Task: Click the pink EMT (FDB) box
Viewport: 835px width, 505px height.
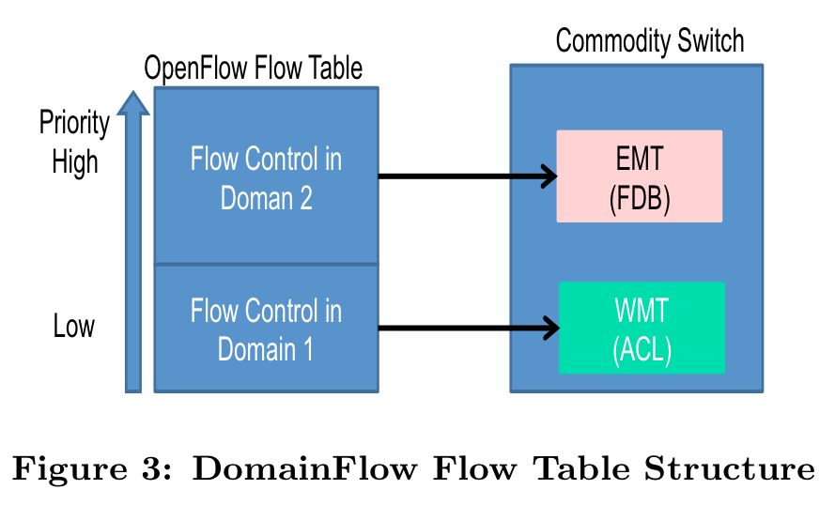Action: tap(639, 176)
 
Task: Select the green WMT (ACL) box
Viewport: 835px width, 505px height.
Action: tap(642, 328)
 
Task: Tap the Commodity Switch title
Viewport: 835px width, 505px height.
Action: tap(649, 42)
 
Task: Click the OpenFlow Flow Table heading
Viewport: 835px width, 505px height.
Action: tap(253, 69)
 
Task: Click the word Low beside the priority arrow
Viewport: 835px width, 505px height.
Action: tap(74, 328)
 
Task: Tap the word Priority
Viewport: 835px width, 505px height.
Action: tap(74, 123)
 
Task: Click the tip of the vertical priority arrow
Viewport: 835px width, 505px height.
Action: tap(133, 93)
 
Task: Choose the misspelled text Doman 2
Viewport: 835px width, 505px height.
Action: tap(266, 199)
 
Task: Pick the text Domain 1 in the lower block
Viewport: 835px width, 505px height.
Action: tap(266, 349)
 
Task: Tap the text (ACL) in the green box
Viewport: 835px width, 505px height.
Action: tap(642, 352)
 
